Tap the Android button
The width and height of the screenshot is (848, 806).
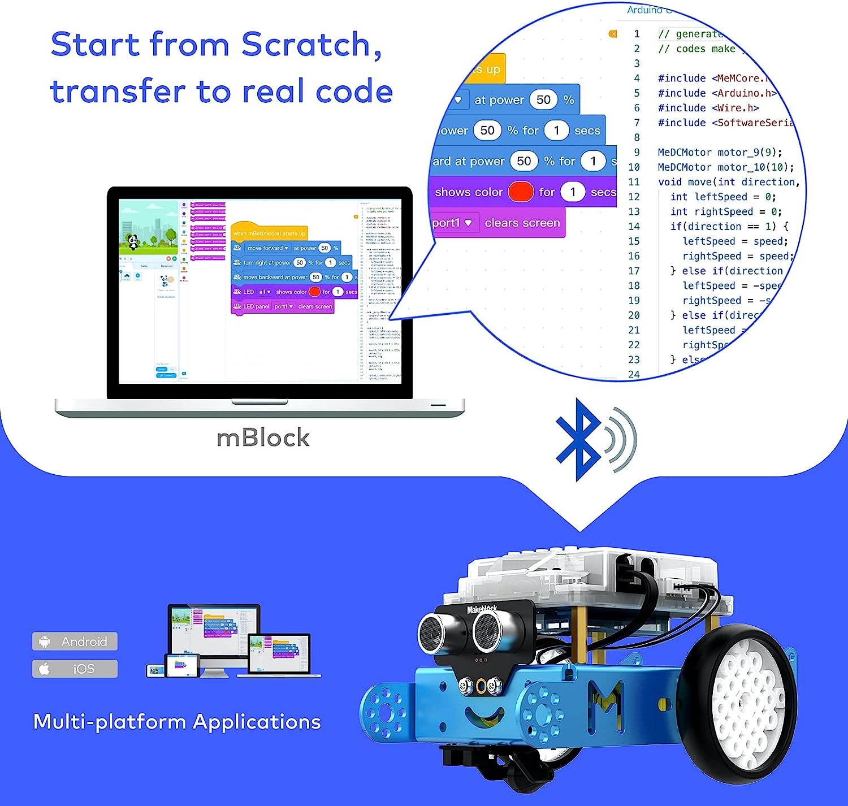(x=75, y=642)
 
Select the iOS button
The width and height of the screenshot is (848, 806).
(x=75, y=669)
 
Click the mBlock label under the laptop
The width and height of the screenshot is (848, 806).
(x=263, y=438)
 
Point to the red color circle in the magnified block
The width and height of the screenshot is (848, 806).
(x=521, y=192)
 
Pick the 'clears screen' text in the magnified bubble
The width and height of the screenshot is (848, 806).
(x=522, y=223)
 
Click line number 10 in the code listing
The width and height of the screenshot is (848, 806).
(x=634, y=167)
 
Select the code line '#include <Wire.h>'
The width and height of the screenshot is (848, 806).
(x=708, y=108)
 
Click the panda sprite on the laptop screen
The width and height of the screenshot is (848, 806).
(x=133, y=242)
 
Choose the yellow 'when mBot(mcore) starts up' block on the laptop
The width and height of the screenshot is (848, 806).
(x=269, y=232)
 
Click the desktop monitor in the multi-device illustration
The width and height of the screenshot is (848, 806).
(x=214, y=630)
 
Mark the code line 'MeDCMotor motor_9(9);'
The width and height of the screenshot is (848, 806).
(x=720, y=153)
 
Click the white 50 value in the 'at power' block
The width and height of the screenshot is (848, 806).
(x=543, y=100)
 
